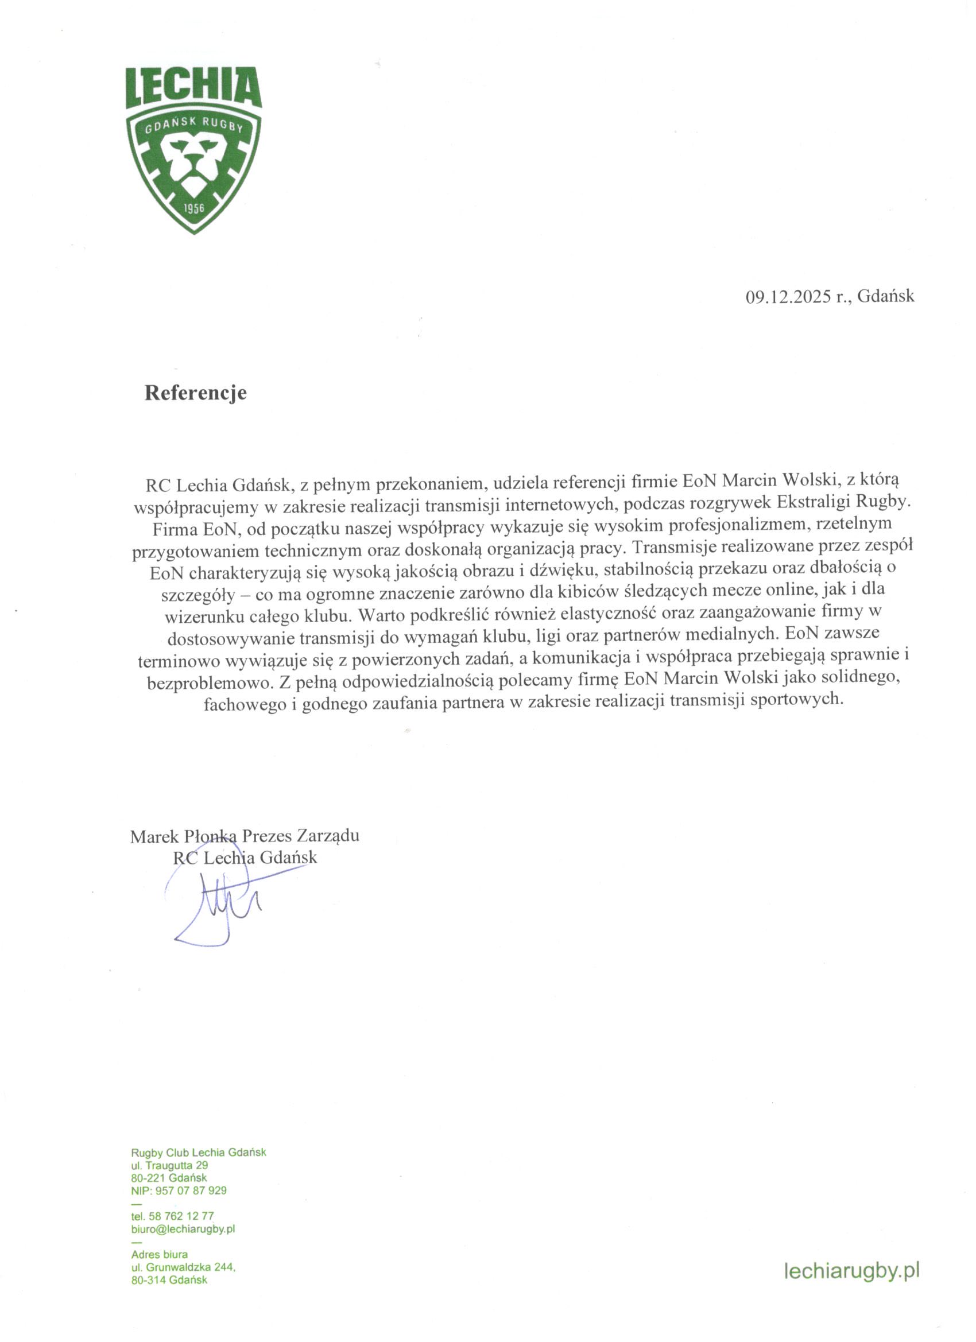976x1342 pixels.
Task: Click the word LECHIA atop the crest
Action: click(193, 88)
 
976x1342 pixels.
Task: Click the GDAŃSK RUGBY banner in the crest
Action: click(194, 124)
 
